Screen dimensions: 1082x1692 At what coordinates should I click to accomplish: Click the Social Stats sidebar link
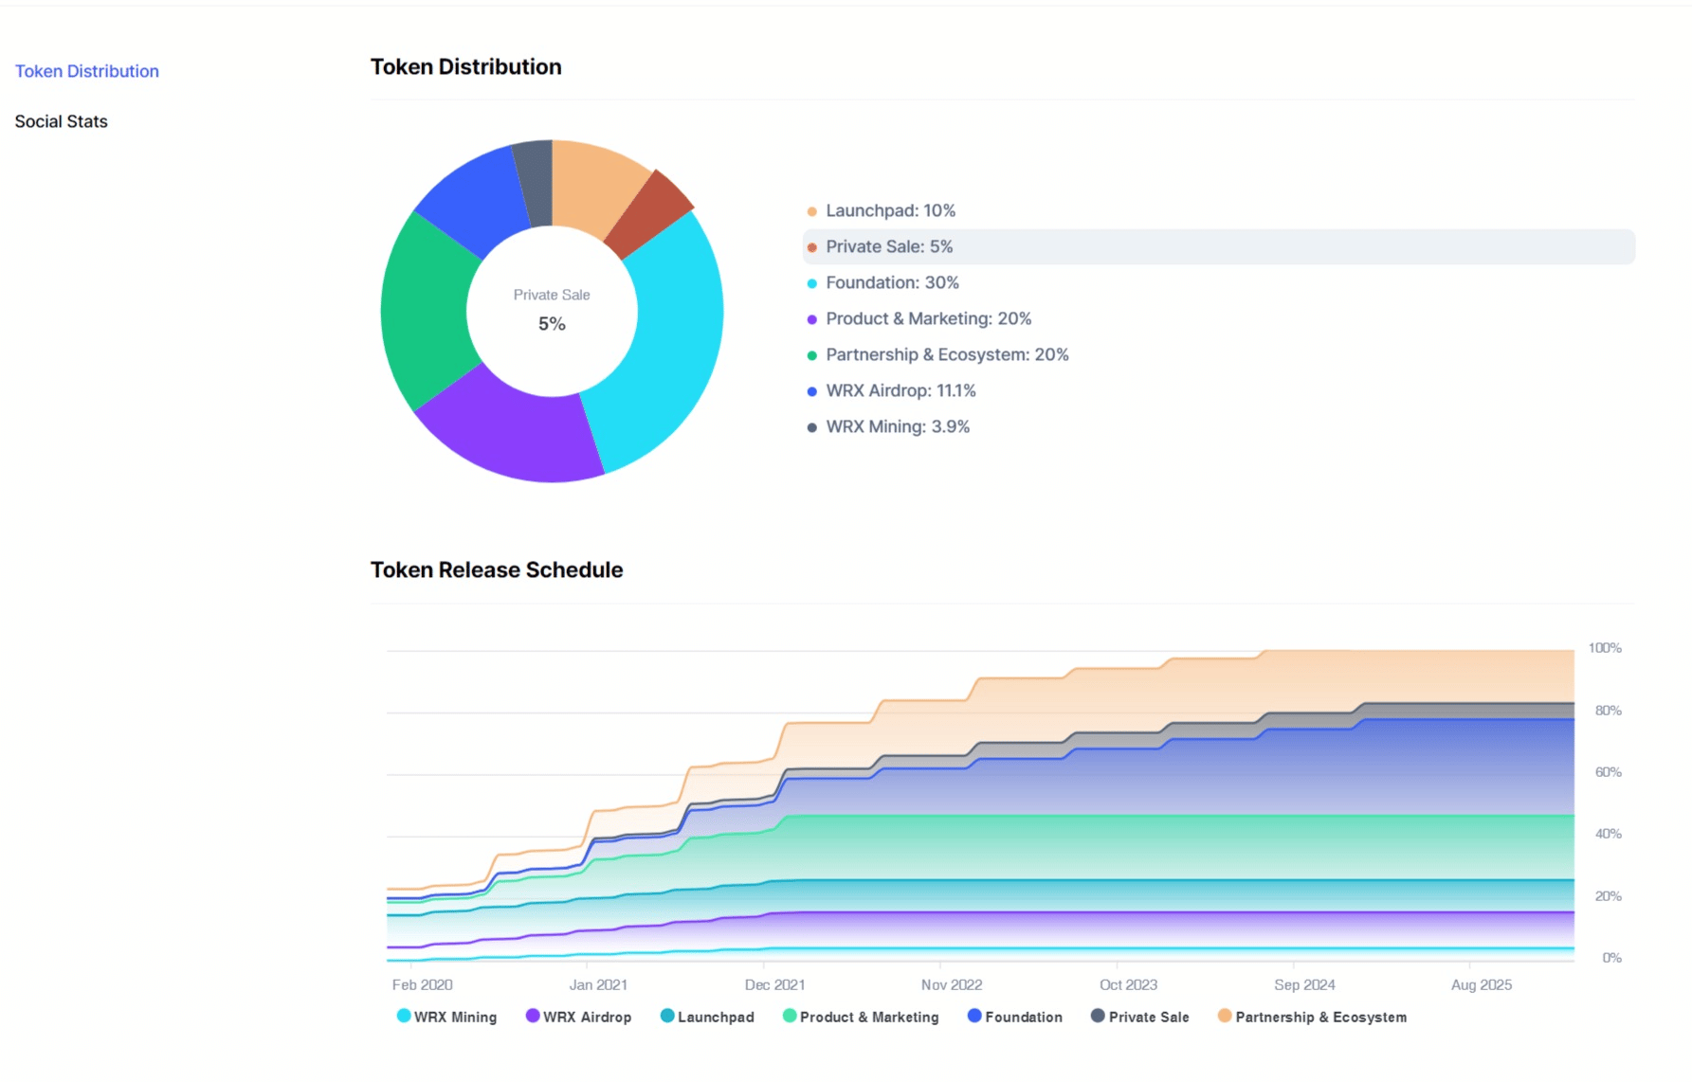click(x=62, y=121)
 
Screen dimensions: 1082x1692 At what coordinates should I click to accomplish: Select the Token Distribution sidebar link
click(x=87, y=71)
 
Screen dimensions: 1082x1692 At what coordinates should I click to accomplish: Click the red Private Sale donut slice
click(x=648, y=212)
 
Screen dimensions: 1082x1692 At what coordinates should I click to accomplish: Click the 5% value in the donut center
click(x=552, y=324)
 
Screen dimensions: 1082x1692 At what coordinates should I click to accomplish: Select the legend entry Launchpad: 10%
click(x=889, y=210)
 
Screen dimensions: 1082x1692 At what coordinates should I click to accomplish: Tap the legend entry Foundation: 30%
click(x=891, y=282)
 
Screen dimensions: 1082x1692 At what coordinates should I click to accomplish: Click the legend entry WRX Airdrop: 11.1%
click(x=900, y=390)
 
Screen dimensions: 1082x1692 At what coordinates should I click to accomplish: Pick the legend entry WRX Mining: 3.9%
click(x=897, y=426)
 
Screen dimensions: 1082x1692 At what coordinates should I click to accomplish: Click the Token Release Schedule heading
click(x=497, y=569)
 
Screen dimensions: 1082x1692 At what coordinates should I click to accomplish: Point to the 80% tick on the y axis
click(x=1608, y=711)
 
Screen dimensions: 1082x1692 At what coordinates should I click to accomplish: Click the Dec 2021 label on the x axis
click(x=774, y=985)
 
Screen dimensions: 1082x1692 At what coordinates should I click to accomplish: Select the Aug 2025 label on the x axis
click(x=1482, y=985)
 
